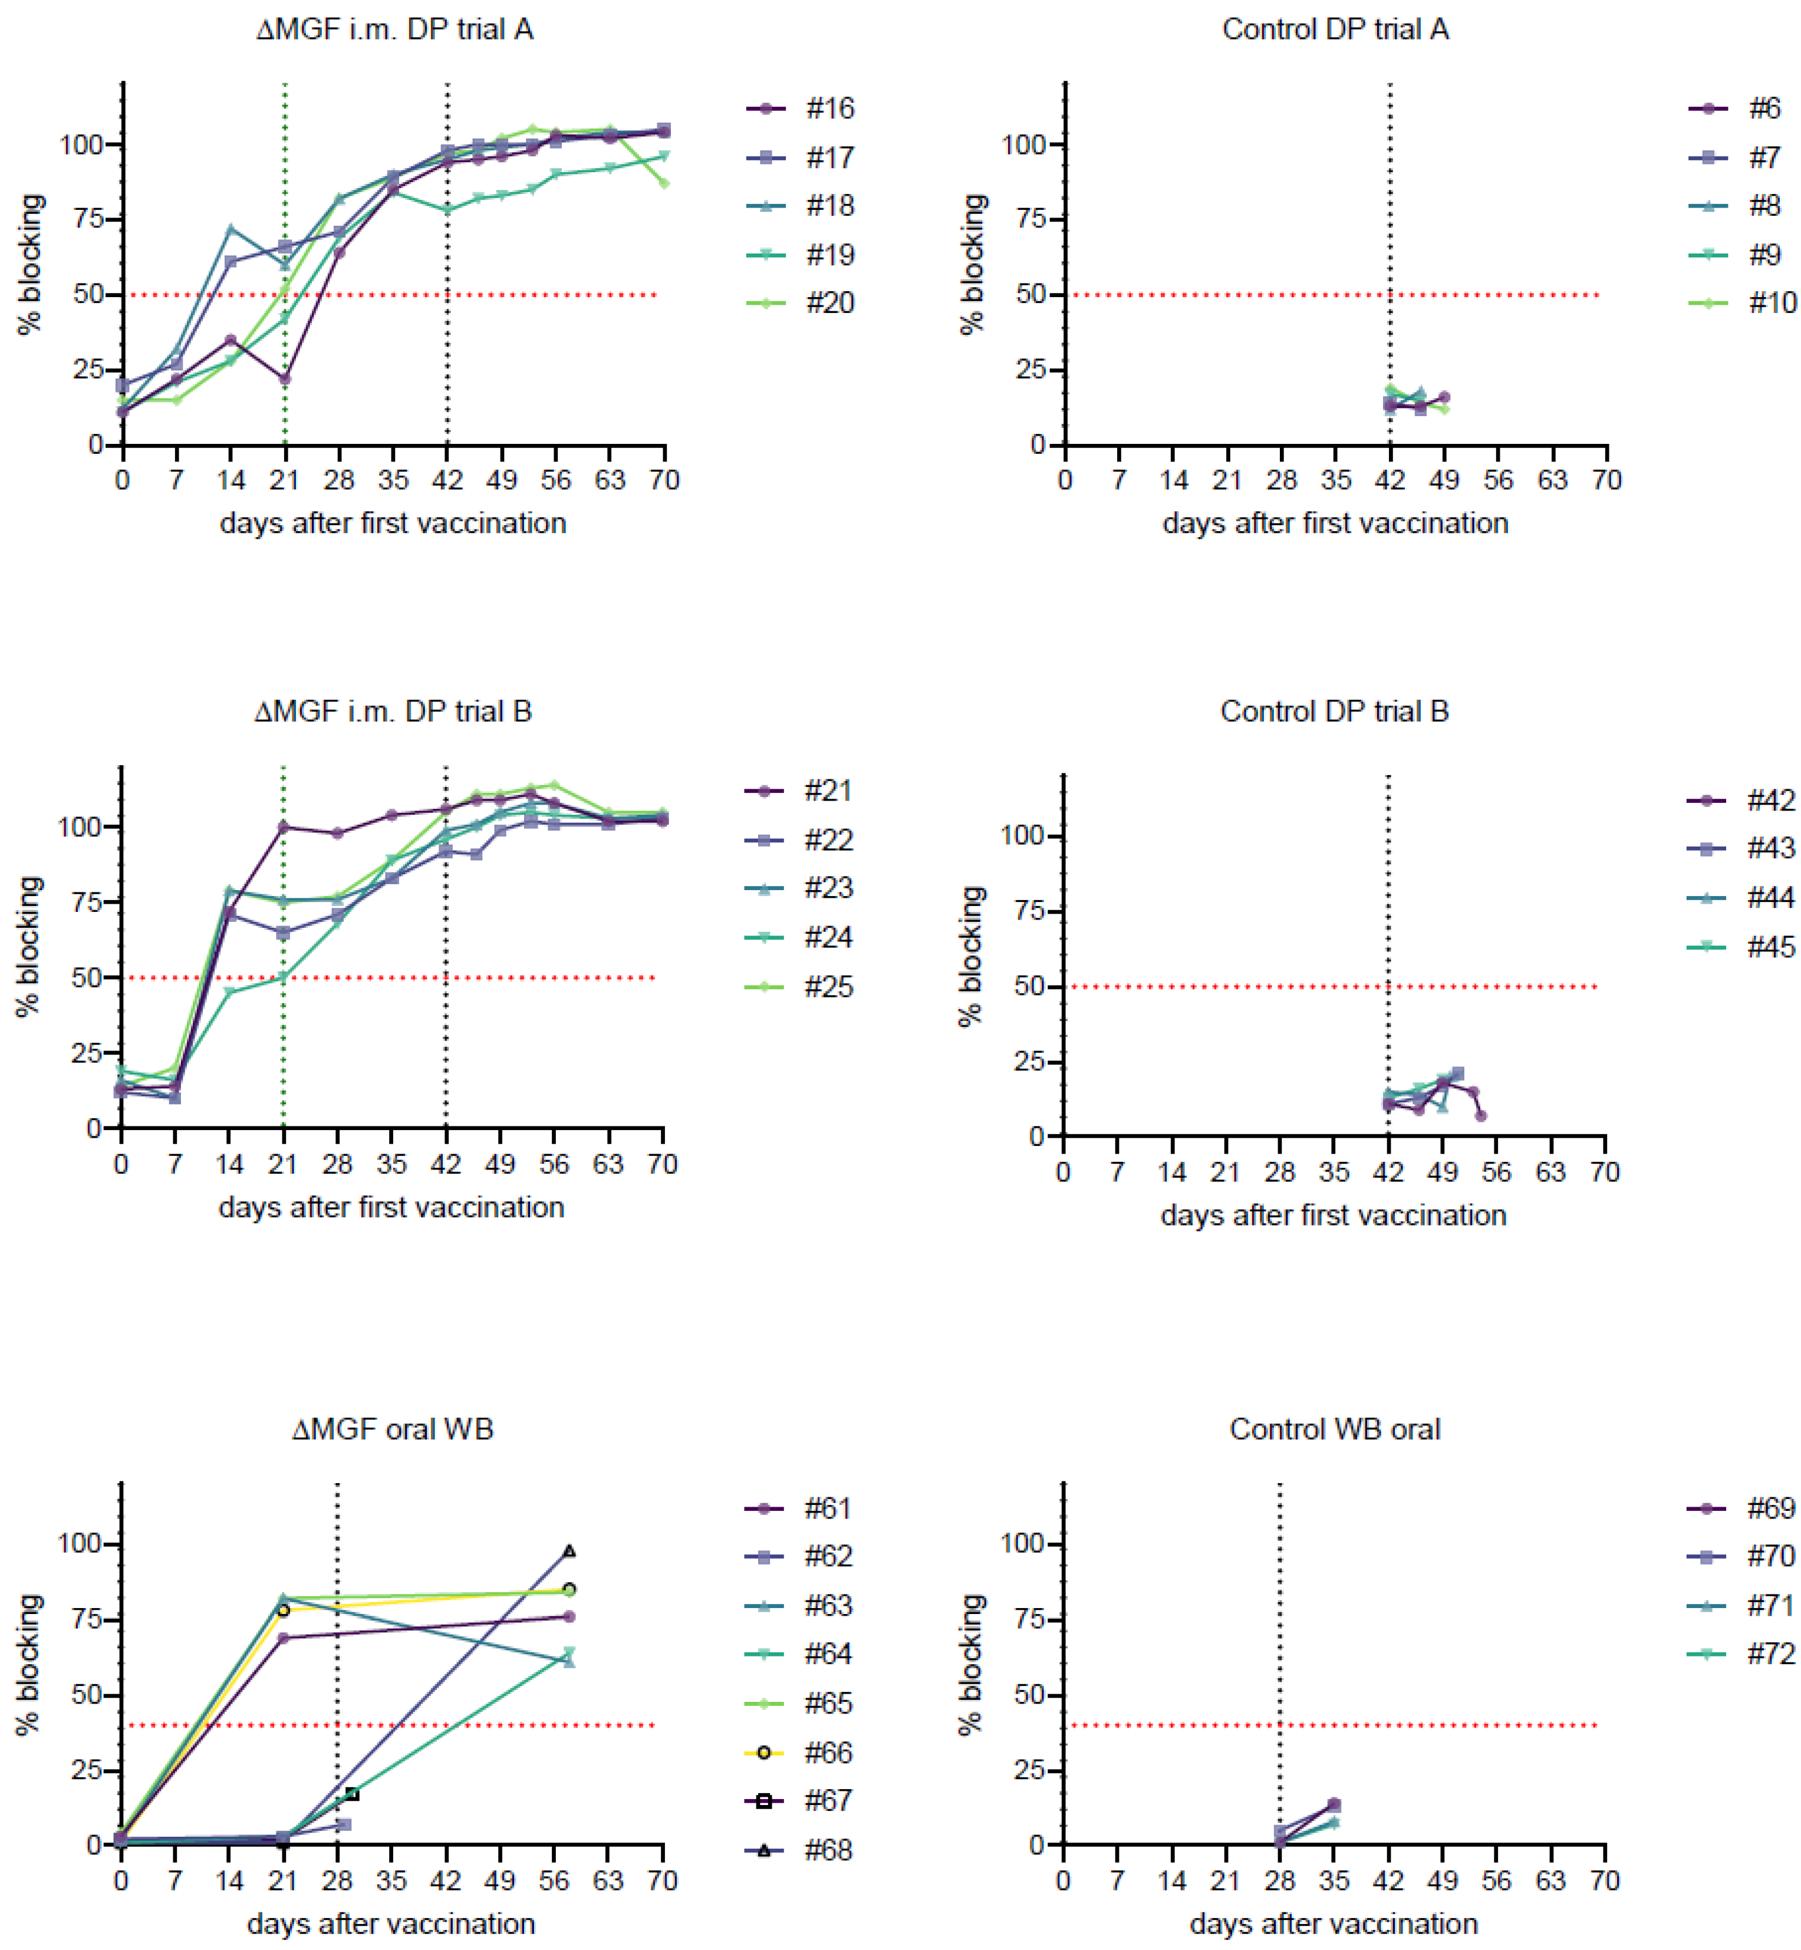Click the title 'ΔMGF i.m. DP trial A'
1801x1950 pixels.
[x=395, y=29]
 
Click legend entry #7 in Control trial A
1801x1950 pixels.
[x=1764, y=157]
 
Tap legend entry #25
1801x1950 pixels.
[x=828, y=986]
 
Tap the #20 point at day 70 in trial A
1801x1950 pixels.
[x=664, y=183]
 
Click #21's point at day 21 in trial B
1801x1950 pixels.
[x=284, y=828]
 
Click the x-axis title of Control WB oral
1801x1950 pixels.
[x=1333, y=1923]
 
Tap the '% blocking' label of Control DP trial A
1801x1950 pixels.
[x=973, y=264]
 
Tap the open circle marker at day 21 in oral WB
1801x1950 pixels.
[x=284, y=1610]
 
